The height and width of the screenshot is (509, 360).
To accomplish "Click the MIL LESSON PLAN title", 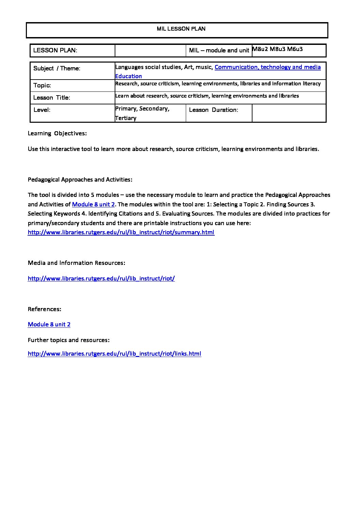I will point(181,29).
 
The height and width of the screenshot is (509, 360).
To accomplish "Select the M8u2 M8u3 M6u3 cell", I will point(277,49).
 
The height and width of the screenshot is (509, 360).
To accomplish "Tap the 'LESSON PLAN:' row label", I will point(55,50).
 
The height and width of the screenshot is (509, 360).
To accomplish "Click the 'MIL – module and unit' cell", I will point(219,50).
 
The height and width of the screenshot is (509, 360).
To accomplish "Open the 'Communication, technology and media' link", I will point(267,67).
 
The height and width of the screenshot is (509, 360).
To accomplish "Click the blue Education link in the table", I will point(128,76).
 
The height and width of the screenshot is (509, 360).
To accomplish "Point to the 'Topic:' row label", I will point(42,85).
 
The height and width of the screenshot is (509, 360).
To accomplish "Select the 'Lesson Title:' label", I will point(52,98).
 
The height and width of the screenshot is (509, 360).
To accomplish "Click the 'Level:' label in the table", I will point(42,110).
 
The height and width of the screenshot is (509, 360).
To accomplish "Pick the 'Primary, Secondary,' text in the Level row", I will point(142,108).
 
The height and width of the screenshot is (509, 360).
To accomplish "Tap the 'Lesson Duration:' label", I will point(213,110).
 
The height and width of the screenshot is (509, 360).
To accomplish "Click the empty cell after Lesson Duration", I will point(289,113).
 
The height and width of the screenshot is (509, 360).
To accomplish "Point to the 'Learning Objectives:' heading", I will point(57,133).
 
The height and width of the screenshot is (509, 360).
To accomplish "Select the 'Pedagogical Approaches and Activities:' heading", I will point(80,180).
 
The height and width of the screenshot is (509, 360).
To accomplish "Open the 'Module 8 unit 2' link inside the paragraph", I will point(93,204).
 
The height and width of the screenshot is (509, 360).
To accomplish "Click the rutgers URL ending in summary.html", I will point(121,232).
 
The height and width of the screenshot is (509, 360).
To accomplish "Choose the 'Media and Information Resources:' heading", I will point(77,263).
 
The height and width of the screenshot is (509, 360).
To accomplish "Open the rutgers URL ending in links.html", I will point(114,354).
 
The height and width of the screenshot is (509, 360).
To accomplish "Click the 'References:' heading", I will point(45,309).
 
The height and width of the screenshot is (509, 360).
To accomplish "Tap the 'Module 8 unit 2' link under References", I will point(49,324).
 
